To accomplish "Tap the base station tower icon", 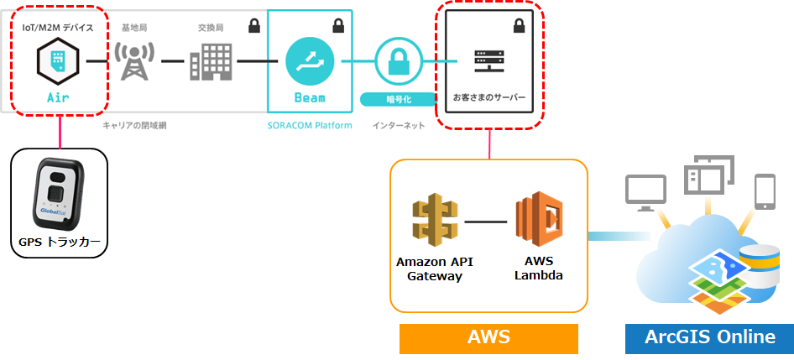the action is coord(134,62).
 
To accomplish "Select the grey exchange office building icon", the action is coord(211,62).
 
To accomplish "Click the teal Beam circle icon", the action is coord(310,62).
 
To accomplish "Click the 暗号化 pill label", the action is coord(399,99).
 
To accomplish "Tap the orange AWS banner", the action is coord(488,339).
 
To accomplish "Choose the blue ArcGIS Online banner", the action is coord(709,339).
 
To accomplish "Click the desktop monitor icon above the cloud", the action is coord(645,192).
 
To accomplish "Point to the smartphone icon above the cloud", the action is coord(765,191).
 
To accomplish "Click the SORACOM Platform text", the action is coord(310,126).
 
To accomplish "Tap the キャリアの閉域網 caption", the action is coord(134,126).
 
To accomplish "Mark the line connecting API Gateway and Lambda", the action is coord(486,222).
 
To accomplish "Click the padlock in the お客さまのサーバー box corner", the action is coord(519,25).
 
